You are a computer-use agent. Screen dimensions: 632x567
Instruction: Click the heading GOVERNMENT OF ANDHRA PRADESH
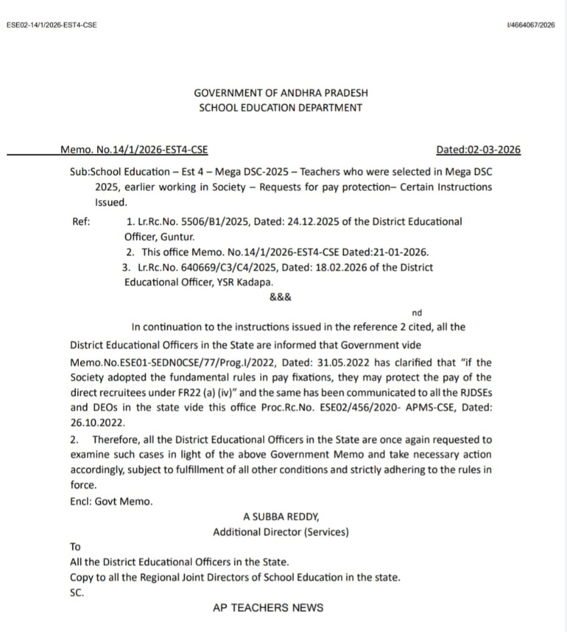click(281, 93)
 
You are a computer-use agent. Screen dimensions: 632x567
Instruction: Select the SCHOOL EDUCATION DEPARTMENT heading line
click(281, 108)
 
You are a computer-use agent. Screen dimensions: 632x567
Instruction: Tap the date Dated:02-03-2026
click(478, 150)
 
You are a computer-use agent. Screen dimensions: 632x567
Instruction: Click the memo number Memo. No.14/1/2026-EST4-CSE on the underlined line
click(134, 150)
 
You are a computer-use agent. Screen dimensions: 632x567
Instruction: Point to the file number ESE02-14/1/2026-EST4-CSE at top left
click(51, 26)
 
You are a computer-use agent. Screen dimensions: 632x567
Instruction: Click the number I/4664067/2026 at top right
click(531, 26)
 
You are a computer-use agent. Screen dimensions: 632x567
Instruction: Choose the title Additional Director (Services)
click(281, 531)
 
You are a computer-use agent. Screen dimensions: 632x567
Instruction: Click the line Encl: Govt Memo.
click(111, 501)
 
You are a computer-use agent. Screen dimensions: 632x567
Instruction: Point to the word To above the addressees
click(76, 547)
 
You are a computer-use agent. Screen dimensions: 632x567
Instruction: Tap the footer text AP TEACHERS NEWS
click(268, 608)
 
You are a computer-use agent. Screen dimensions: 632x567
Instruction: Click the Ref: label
click(82, 221)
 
